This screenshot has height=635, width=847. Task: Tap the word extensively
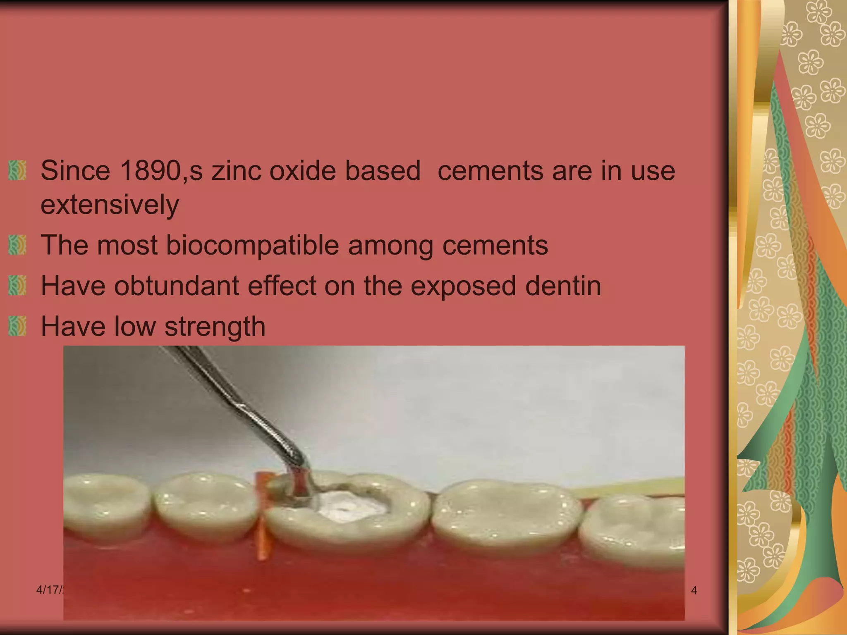(110, 205)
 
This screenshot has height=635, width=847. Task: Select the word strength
(215, 327)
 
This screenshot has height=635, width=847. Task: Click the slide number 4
(694, 590)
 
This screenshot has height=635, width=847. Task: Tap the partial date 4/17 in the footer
(49, 590)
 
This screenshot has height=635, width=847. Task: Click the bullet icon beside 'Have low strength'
(17, 326)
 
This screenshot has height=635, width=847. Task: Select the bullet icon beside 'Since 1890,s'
(17, 170)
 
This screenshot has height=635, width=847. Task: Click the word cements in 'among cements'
(495, 245)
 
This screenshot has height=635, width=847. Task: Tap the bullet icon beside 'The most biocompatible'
(17, 245)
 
